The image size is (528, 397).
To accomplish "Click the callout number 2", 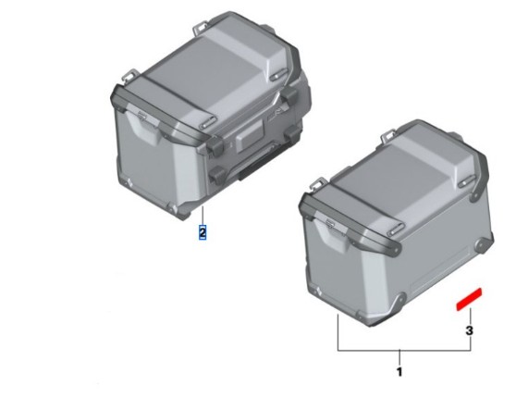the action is point(203,232).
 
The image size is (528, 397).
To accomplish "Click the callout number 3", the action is point(469,330).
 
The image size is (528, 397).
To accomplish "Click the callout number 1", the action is point(399,372).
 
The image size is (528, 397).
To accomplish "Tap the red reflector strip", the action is point(469,299).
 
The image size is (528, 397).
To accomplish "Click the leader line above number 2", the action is point(203,216).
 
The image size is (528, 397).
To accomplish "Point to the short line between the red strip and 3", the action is point(470,316).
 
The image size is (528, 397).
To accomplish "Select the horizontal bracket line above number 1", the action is point(404,351).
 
